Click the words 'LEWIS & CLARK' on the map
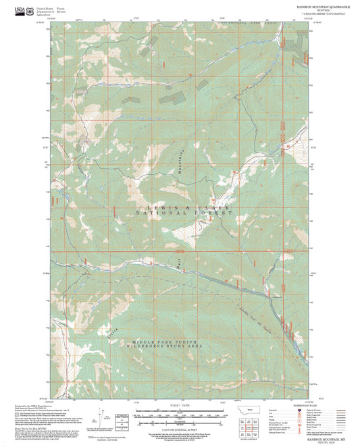(x=184, y=207)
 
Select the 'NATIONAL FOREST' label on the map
(x=184, y=213)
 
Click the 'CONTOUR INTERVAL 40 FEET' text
(x=179, y=427)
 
